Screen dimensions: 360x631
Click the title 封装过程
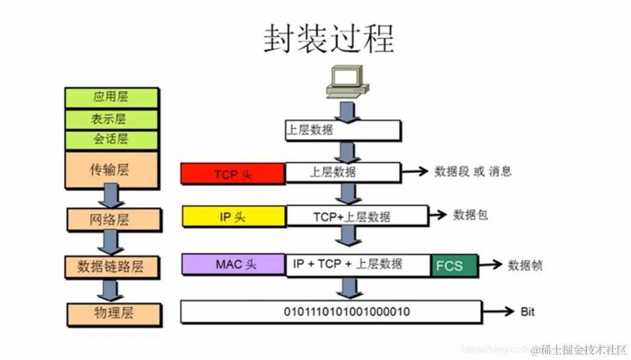point(328,39)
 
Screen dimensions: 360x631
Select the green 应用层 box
point(111,97)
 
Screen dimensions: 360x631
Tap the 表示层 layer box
point(111,118)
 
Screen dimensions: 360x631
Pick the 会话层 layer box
point(111,140)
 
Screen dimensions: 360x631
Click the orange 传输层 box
point(111,170)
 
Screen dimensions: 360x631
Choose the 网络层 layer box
point(114,219)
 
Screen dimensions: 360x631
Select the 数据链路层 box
point(112,266)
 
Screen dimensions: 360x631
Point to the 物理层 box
point(114,313)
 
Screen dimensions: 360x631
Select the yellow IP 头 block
point(233,217)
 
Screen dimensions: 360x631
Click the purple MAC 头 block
point(233,265)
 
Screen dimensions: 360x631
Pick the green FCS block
point(453,266)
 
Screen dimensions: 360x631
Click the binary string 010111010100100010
point(347,312)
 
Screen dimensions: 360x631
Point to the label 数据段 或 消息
point(473,172)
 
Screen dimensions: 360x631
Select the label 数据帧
point(525,265)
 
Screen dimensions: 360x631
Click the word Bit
point(527,312)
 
